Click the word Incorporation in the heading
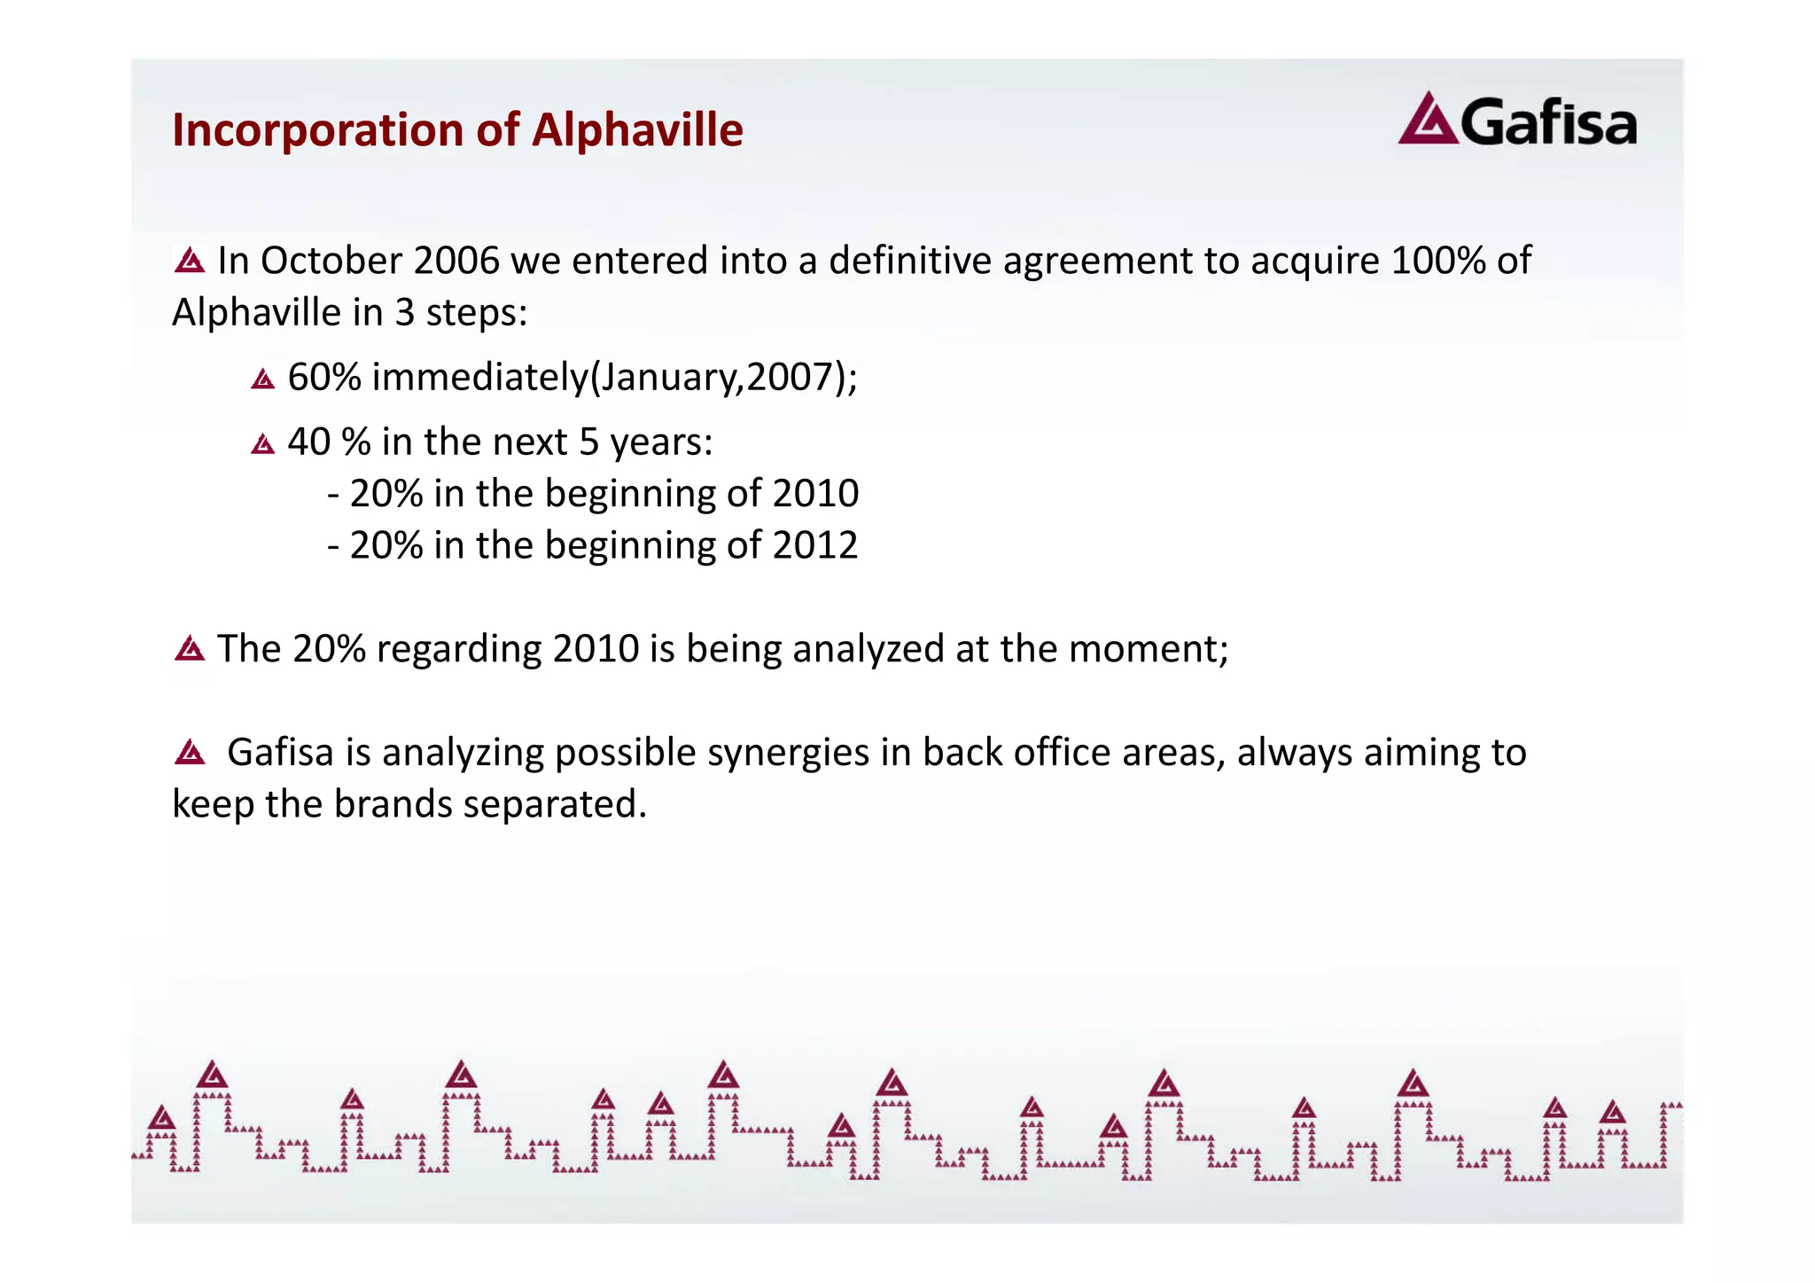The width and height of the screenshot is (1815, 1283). [317, 130]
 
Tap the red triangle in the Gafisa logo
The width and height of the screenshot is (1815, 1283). [1427, 121]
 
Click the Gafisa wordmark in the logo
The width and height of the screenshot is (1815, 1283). [1548, 124]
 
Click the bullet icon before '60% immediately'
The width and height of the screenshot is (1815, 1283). [262, 379]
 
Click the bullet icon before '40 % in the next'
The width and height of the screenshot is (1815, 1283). [262, 443]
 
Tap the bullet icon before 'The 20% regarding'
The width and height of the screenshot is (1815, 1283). [190, 650]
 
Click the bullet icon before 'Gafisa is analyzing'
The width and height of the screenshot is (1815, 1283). [190, 754]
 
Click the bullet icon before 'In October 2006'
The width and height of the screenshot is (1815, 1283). [190, 261]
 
